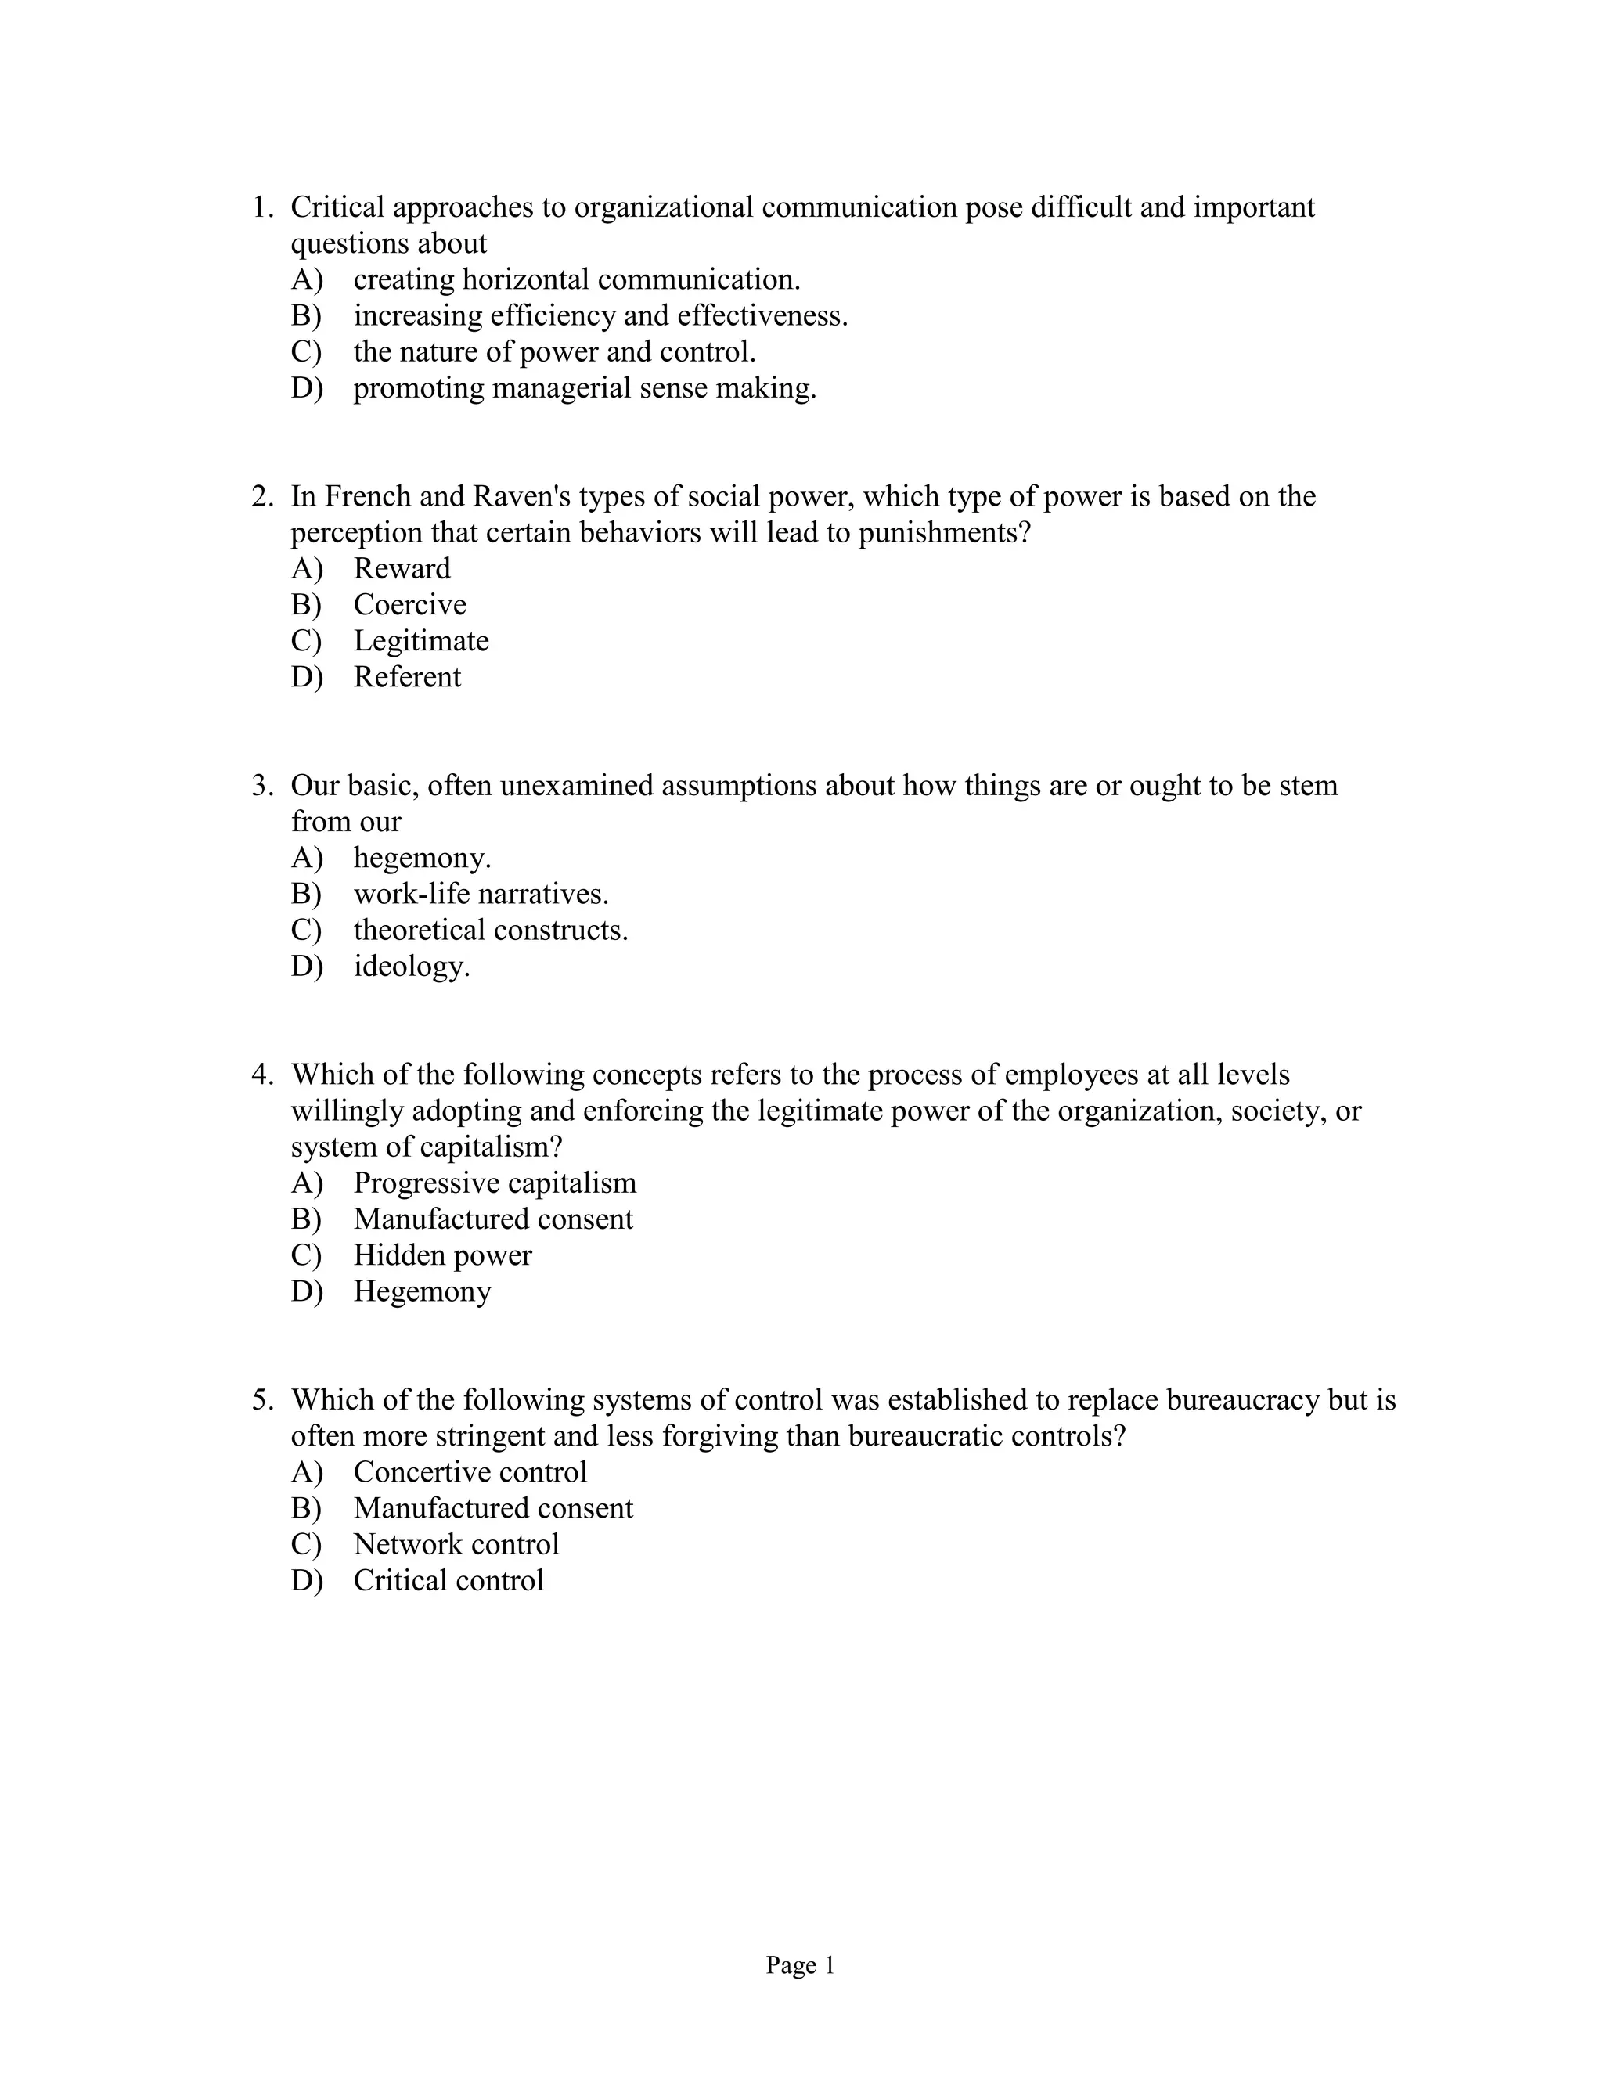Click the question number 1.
(x=261, y=207)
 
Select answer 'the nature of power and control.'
(x=555, y=352)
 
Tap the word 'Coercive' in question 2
(x=409, y=605)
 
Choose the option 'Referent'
(x=406, y=677)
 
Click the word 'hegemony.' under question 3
(x=422, y=859)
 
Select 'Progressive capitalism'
(x=494, y=1183)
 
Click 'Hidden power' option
(x=442, y=1255)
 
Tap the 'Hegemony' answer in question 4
(x=422, y=1291)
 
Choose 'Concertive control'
(x=470, y=1472)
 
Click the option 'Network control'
(x=456, y=1544)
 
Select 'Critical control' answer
(x=448, y=1580)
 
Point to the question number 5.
(x=261, y=1400)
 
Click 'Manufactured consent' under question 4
(x=493, y=1219)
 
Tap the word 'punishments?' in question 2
(x=944, y=534)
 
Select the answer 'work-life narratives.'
(x=481, y=895)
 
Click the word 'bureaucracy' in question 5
(x=1242, y=1400)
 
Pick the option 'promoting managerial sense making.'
(x=584, y=388)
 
